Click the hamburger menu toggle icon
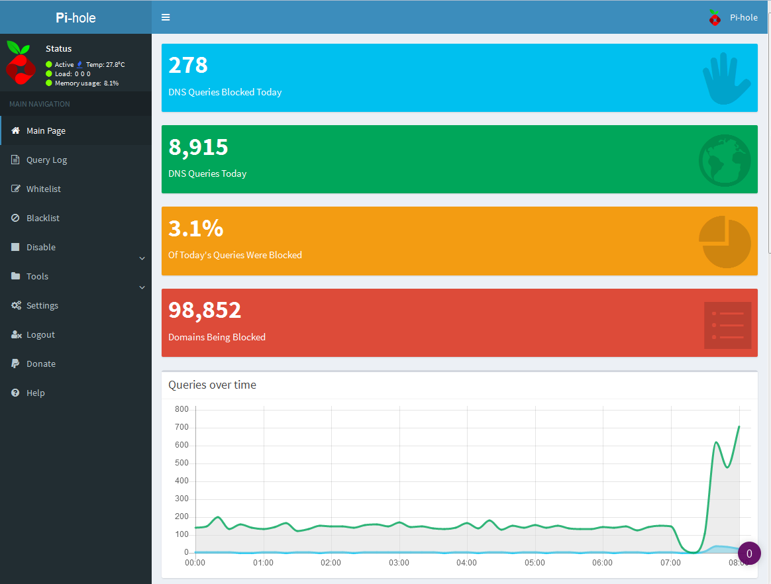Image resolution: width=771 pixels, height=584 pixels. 166,17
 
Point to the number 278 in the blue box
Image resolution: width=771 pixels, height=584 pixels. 188,65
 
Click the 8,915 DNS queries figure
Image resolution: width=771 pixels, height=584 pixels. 198,147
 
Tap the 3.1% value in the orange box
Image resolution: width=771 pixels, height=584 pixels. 195,228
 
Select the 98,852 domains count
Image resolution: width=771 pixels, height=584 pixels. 205,310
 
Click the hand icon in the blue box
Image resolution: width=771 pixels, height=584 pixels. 726,79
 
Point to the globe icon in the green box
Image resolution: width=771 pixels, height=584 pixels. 725,160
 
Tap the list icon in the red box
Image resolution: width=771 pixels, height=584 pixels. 728,325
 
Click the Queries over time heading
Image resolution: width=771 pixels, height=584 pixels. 213,385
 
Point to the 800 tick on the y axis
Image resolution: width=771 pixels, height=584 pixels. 182,409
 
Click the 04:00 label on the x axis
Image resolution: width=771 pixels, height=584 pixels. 466,563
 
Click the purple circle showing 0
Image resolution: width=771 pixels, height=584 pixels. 749,554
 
